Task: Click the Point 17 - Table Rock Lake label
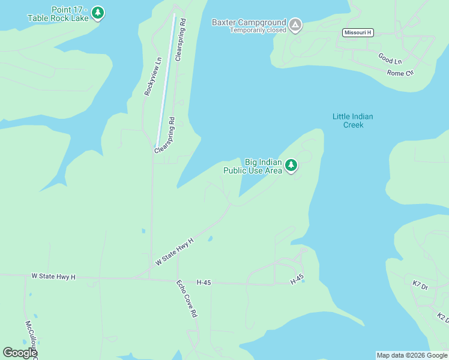pyautogui.click(x=58, y=14)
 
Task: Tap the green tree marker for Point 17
pyautogui.click(x=98, y=12)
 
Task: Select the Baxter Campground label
pyautogui.click(x=249, y=23)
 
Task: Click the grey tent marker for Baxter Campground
pyautogui.click(x=295, y=25)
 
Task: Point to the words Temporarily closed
pyautogui.click(x=258, y=30)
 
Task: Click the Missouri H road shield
pyautogui.click(x=358, y=32)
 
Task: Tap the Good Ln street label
pyautogui.click(x=390, y=59)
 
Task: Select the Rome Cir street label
pyautogui.click(x=400, y=73)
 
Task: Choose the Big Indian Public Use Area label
pyautogui.click(x=253, y=166)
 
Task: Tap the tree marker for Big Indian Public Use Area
pyautogui.click(x=291, y=164)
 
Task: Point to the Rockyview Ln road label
pyautogui.click(x=153, y=77)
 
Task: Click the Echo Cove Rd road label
pyautogui.click(x=187, y=298)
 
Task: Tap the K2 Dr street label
pyautogui.click(x=442, y=317)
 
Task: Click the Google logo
pyautogui.click(x=20, y=353)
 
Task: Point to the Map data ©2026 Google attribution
pyautogui.click(x=412, y=355)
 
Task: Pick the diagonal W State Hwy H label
pyautogui.click(x=175, y=251)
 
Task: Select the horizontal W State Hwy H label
pyautogui.click(x=53, y=277)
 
